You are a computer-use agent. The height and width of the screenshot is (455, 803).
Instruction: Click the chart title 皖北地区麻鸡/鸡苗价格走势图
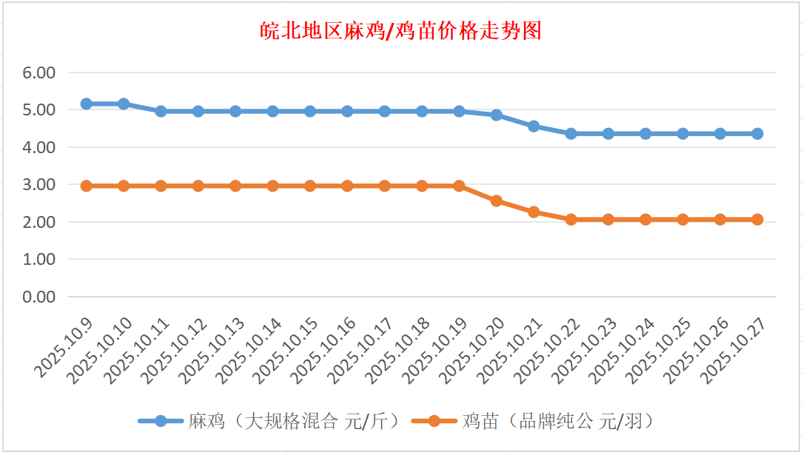[401, 31]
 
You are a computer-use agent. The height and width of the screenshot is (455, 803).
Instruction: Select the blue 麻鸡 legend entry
[269, 421]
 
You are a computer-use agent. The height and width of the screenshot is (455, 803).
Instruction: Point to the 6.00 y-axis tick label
[39, 73]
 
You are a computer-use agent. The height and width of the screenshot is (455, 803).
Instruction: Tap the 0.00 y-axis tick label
[39, 297]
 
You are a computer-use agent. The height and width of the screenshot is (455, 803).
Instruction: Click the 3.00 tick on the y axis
[39, 185]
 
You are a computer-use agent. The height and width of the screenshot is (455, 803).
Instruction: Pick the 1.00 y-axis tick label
[39, 260]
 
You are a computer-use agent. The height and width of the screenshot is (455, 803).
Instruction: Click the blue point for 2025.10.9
[86, 104]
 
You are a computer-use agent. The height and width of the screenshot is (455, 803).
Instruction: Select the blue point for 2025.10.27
[757, 134]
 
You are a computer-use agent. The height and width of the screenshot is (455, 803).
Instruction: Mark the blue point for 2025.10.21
[534, 127]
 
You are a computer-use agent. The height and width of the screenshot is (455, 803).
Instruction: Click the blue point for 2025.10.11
[161, 111]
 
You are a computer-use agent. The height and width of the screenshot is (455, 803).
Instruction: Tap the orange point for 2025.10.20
[497, 200]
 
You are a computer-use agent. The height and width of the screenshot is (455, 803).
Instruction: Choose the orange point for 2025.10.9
[86, 186]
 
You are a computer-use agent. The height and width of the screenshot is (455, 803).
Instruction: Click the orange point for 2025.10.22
[571, 219]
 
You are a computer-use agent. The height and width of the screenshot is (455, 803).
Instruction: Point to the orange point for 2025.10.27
[757, 219]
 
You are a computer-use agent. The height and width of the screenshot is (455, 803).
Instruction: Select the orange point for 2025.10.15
[310, 186]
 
